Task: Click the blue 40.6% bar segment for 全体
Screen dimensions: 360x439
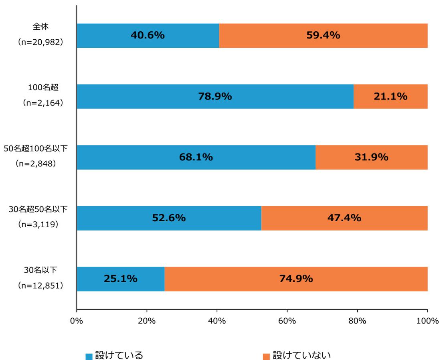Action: click(x=148, y=36)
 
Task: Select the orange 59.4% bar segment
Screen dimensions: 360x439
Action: click(x=323, y=36)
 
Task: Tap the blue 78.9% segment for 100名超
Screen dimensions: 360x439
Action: click(x=215, y=97)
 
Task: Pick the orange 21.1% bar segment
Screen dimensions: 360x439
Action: click(x=390, y=97)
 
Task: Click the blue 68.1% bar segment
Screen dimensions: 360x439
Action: click(x=196, y=158)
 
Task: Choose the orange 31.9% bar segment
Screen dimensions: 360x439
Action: click(x=371, y=158)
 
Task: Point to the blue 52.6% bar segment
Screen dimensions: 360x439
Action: click(x=169, y=218)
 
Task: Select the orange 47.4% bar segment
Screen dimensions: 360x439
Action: click(x=344, y=218)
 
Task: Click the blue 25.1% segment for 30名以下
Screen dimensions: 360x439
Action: click(x=120, y=279)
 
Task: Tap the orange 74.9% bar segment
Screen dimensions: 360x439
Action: click(x=296, y=279)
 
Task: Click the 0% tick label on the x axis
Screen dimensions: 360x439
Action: click(x=77, y=321)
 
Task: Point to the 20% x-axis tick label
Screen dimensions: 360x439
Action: click(x=147, y=321)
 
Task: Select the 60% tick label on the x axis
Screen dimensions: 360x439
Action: click(x=287, y=321)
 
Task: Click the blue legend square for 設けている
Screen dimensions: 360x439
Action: click(x=89, y=345)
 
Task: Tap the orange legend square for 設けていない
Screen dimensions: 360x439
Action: click(x=267, y=345)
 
